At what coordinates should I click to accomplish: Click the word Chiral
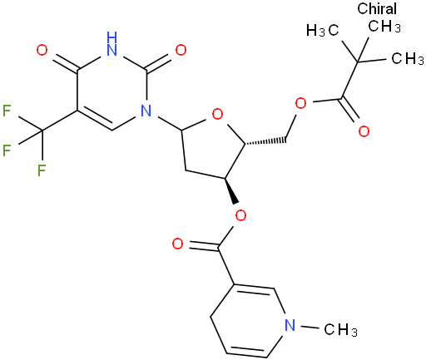377,8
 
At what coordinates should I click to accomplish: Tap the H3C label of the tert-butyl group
323,30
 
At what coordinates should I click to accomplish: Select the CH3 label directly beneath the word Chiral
384,27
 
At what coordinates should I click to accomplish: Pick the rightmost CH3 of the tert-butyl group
408,58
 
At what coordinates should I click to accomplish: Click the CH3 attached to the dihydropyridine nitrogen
340,330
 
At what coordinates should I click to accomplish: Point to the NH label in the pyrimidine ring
111,44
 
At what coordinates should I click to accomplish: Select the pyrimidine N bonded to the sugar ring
146,111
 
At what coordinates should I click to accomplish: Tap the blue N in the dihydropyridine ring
290,325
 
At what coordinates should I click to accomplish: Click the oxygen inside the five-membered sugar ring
217,114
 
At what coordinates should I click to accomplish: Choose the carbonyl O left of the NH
42,51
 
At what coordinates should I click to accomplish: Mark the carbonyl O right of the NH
181,51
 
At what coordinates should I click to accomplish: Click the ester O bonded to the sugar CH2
300,103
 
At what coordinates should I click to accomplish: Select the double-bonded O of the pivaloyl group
364,131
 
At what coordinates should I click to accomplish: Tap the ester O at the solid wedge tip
240,215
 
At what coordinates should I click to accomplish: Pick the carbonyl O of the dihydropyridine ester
177,244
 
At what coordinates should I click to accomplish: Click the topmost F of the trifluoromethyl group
7,111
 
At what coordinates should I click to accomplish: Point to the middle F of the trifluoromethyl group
7,150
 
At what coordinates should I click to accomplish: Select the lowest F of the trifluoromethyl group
42,170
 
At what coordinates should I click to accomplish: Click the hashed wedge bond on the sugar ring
265,141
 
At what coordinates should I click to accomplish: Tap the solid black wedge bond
231,190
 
